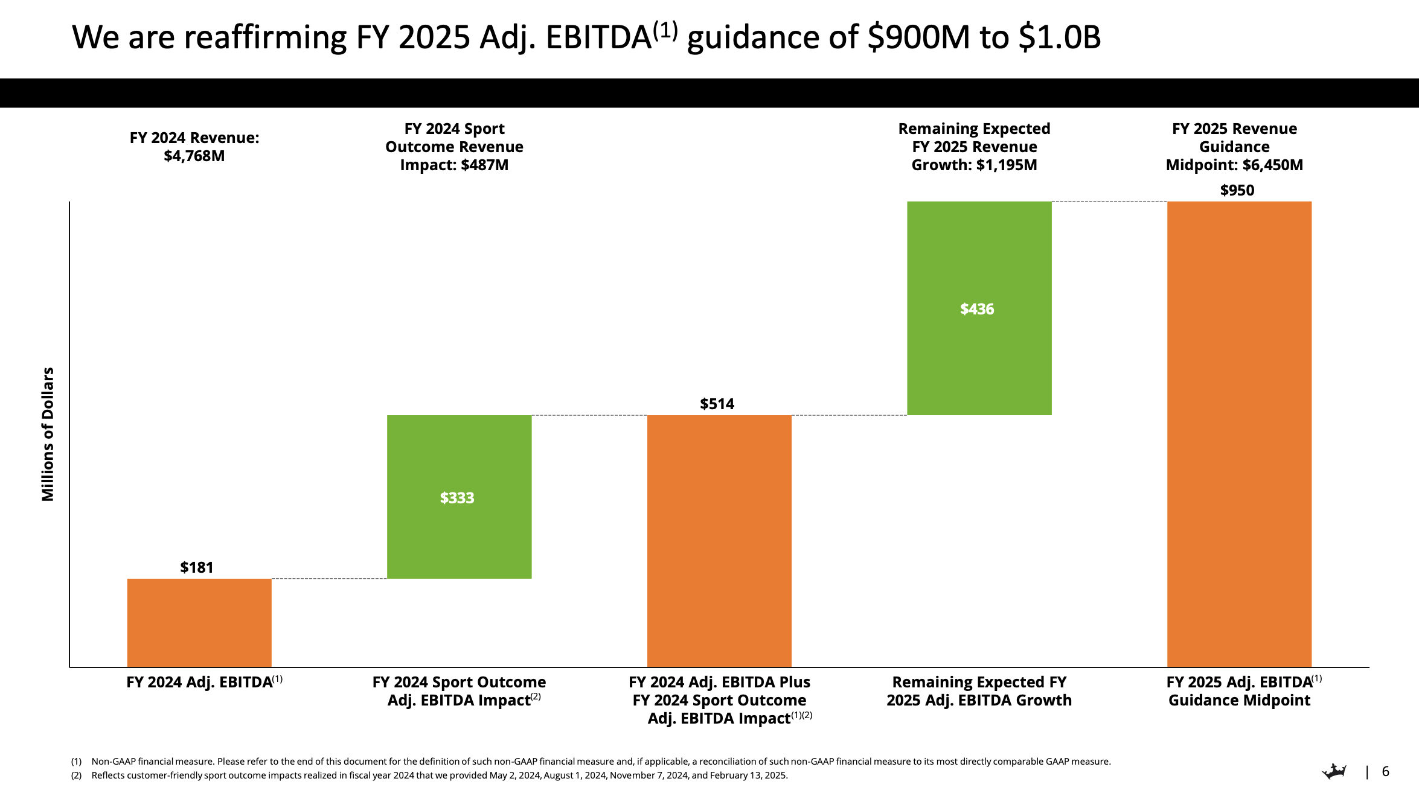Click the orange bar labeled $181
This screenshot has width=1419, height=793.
[199, 623]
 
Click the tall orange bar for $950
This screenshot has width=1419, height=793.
[1239, 435]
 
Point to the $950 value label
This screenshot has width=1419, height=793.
[1237, 191]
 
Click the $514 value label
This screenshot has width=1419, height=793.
[717, 404]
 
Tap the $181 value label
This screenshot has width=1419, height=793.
[197, 567]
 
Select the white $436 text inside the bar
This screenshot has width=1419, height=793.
[976, 309]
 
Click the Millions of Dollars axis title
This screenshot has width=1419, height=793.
[48, 434]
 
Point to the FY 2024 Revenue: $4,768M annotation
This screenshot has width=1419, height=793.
[194, 147]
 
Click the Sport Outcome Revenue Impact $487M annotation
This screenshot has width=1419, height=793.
[454, 147]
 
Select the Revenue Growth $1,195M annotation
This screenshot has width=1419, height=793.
[974, 147]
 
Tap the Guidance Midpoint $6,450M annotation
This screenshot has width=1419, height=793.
[1234, 147]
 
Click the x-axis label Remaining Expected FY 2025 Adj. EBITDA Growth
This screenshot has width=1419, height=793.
[979, 691]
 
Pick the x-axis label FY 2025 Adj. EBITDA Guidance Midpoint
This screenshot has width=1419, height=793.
[1239, 691]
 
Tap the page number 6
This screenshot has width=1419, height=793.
[1385, 771]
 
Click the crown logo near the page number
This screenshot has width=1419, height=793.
[1334, 771]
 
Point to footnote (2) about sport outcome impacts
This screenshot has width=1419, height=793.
[439, 775]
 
